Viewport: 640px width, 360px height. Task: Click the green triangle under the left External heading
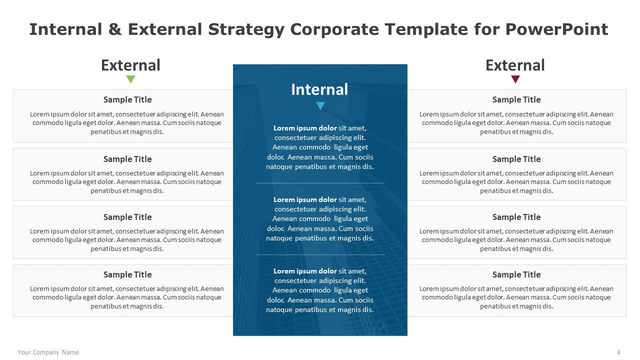click(x=131, y=79)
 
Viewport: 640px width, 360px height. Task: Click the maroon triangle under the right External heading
click(x=515, y=79)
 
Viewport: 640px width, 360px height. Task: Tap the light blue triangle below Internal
click(x=320, y=105)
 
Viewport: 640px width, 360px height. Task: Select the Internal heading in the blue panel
click(x=319, y=89)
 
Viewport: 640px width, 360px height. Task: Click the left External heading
click(x=130, y=65)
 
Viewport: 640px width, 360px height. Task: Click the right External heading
click(x=515, y=65)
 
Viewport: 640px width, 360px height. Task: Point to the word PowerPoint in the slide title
click(x=556, y=29)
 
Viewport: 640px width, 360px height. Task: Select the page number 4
click(x=618, y=352)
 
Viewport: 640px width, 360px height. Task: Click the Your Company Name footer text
click(x=48, y=352)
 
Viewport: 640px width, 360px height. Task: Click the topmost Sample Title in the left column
click(x=127, y=99)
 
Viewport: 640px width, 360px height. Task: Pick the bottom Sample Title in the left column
click(x=127, y=274)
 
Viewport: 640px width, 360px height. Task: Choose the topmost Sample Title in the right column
click(x=516, y=99)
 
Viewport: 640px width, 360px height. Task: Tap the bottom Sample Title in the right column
click(x=516, y=274)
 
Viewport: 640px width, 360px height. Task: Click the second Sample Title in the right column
click(x=516, y=159)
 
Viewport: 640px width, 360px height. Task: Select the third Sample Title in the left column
click(x=127, y=217)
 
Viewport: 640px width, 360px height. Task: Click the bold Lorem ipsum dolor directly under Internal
click(x=305, y=128)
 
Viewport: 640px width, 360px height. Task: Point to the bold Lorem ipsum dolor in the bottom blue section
click(x=305, y=271)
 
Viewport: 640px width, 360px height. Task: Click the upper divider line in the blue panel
click(x=320, y=183)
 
